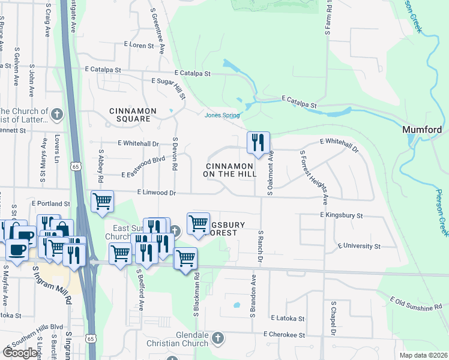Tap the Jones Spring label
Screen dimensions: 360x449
(x=222, y=115)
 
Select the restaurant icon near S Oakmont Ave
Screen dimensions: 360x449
(x=258, y=143)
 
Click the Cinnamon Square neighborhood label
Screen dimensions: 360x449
(x=133, y=115)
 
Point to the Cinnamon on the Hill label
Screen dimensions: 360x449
(x=231, y=170)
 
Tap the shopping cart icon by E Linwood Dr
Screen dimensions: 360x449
(x=103, y=202)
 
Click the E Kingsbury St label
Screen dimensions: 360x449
(x=342, y=215)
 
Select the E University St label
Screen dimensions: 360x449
(x=359, y=246)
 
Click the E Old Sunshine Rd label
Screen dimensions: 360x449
(x=415, y=303)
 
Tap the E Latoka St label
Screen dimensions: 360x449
(x=288, y=318)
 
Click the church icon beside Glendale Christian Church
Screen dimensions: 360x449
(x=217, y=339)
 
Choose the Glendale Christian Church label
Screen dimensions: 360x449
(x=175, y=339)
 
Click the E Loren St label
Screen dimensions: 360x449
(x=139, y=44)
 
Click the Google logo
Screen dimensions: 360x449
(x=20, y=353)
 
